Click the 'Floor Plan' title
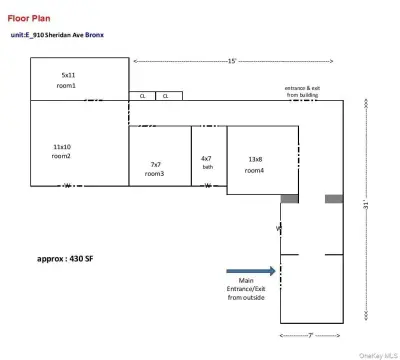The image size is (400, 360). [30, 18]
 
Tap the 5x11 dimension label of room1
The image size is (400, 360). [67, 75]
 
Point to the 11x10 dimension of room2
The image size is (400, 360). [62, 146]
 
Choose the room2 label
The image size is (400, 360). [62, 157]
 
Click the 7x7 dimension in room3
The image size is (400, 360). [155, 164]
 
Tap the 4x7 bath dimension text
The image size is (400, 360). [206, 157]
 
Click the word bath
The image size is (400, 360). [207, 167]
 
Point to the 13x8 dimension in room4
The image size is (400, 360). [255, 159]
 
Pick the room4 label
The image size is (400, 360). [255, 170]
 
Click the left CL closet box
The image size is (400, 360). [142, 96]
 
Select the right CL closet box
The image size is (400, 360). [166, 96]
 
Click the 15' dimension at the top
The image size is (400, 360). [231, 61]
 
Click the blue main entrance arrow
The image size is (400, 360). [250, 270]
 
